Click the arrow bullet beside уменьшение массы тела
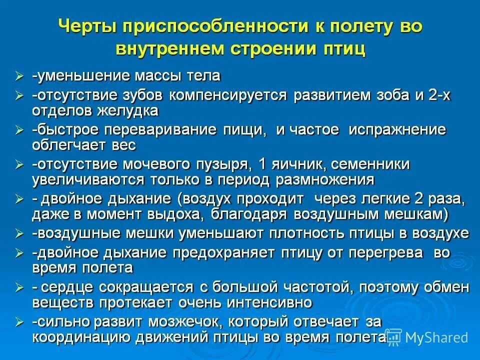pyautogui.click(x=19, y=76)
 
